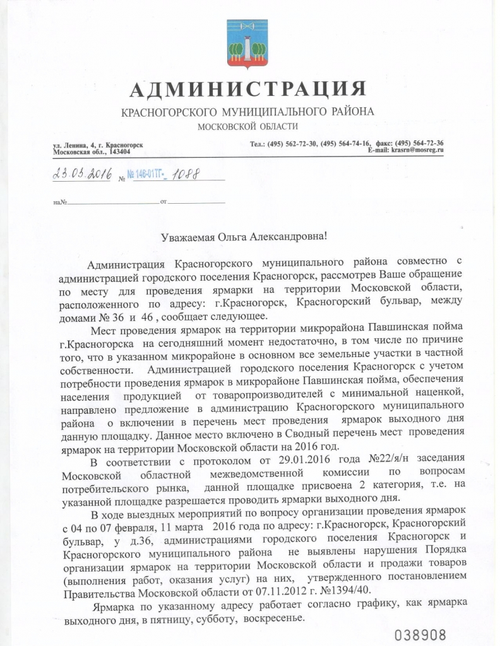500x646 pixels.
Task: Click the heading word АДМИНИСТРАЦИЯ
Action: tap(247, 90)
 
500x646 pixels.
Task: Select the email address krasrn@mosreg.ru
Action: tap(417, 150)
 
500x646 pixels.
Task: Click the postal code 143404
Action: tap(120, 152)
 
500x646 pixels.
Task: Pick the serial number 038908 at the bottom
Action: tap(421, 633)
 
